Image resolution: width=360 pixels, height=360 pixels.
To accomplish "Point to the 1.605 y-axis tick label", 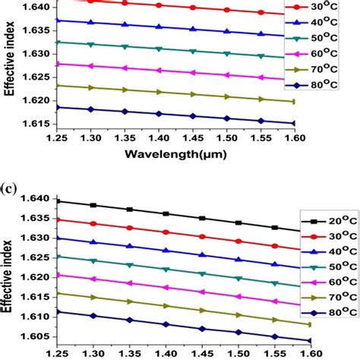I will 16,336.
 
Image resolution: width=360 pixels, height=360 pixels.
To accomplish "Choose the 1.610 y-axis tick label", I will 16,317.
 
